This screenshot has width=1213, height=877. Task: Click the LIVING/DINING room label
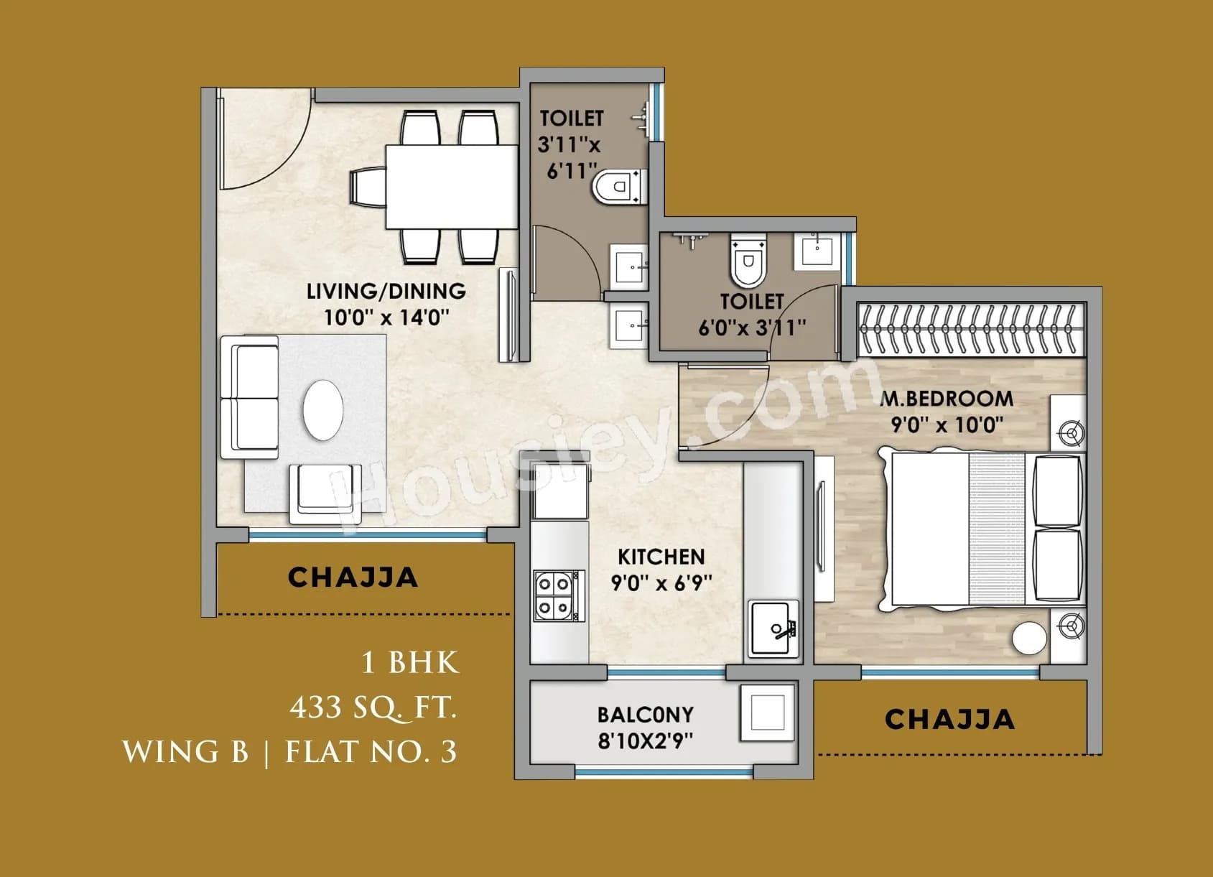[386, 291]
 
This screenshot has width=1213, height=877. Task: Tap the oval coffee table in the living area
[323, 409]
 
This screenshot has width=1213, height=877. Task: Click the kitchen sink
[773, 628]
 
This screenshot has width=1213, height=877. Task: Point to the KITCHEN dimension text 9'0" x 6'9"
[661, 582]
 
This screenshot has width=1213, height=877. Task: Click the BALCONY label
[645, 715]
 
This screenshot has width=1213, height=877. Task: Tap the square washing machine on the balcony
[767, 713]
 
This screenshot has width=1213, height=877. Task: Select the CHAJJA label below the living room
[353, 577]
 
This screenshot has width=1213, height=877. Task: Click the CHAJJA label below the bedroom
[949, 719]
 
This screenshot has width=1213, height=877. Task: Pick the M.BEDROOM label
[947, 399]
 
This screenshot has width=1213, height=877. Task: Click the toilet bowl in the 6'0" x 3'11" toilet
[748, 263]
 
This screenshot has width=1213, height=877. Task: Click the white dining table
[452, 186]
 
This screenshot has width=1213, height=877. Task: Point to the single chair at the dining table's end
[367, 187]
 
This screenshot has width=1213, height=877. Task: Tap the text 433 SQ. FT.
[373, 707]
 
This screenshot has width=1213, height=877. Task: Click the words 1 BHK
[409, 662]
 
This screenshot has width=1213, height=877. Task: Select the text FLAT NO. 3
[371, 752]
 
